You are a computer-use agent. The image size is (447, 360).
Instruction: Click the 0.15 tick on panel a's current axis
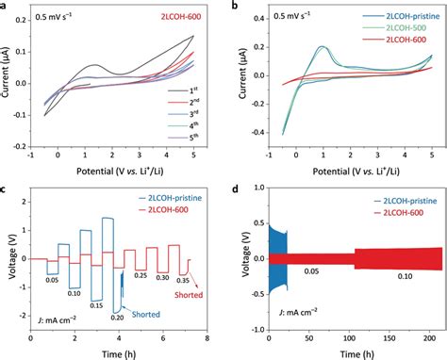(24, 37)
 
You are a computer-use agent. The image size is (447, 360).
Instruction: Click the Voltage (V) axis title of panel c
(7, 259)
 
